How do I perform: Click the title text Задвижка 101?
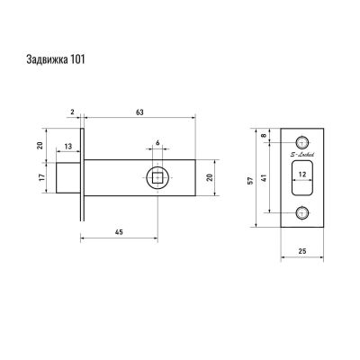click(56, 59)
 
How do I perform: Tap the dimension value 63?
click(139, 112)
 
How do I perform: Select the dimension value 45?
click(119, 232)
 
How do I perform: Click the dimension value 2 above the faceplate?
click(72, 112)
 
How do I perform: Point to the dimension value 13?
click(68, 147)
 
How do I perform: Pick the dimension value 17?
click(42, 177)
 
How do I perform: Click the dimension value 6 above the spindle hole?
click(157, 142)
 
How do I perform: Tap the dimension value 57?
click(251, 180)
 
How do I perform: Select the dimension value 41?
click(265, 178)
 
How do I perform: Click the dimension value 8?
click(265, 135)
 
